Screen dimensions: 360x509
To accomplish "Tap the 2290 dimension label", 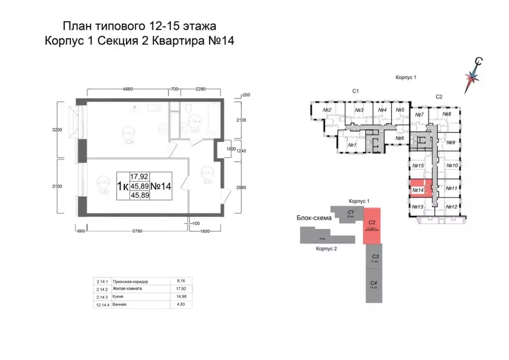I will pyautogui.click(x=200, y=90).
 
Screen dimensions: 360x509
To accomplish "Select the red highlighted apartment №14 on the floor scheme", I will pyautogui.click(x=419, y=189).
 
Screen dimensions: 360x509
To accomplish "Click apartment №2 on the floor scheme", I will pyautogui.click(x=327, y=110).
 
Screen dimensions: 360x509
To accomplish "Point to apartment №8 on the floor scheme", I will pyautogui.click(x=446, y=114).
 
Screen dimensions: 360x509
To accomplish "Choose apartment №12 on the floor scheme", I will pyautogui.click(x=451, y=207).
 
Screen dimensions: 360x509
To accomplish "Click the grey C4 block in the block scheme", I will pyautogui.click(x=373, y=285).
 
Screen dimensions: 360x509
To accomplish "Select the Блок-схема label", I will pyautogui.click(x=311, y=218).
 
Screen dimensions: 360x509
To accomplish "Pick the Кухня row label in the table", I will pyautogui.click(x=120, y=296).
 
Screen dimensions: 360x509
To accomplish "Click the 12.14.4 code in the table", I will pyautogui.click(x=102, y=304).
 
